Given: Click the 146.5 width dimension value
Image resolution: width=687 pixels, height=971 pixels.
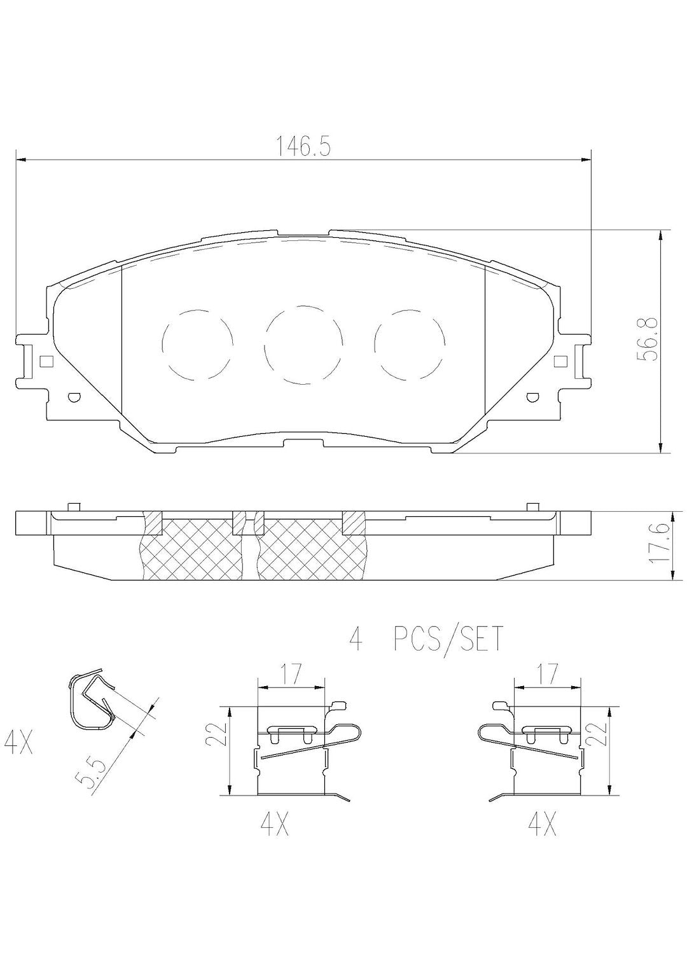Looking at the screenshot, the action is [303, 148].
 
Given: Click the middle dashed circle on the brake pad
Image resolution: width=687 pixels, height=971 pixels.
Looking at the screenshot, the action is [303, 345].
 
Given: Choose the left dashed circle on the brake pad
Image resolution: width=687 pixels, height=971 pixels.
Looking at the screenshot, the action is [197, 344].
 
